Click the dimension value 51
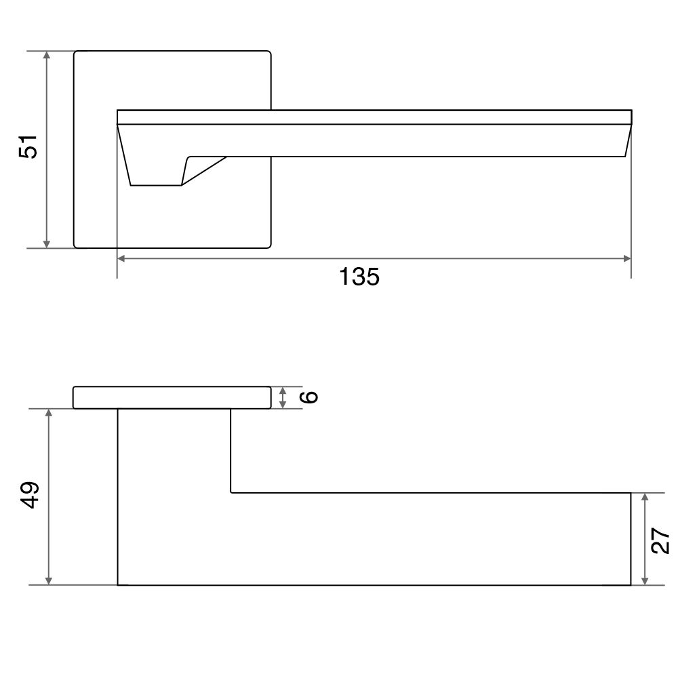point(28,147)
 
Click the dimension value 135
point(359,277)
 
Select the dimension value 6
point(310,397)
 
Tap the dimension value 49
point(30,495)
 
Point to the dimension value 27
point(660,540)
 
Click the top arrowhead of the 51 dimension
point(47,55)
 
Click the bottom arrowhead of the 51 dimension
point(47,244)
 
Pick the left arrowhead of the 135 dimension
point(121,258)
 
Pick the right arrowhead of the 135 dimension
point(627,258)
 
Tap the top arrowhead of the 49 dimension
point(49,413)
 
